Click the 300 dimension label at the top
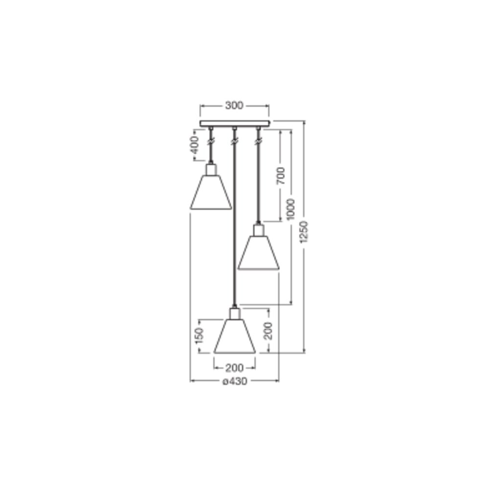[234, 106]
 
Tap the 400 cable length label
[195, 145]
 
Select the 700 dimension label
[281, 176]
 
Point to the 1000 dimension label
[290, 209]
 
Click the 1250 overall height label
[304, 232]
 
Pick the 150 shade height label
[199, 336]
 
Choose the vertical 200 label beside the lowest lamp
[268, 331]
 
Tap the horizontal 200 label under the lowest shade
[234, 368]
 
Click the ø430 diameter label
[235, 381]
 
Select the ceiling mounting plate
[235, 124]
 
